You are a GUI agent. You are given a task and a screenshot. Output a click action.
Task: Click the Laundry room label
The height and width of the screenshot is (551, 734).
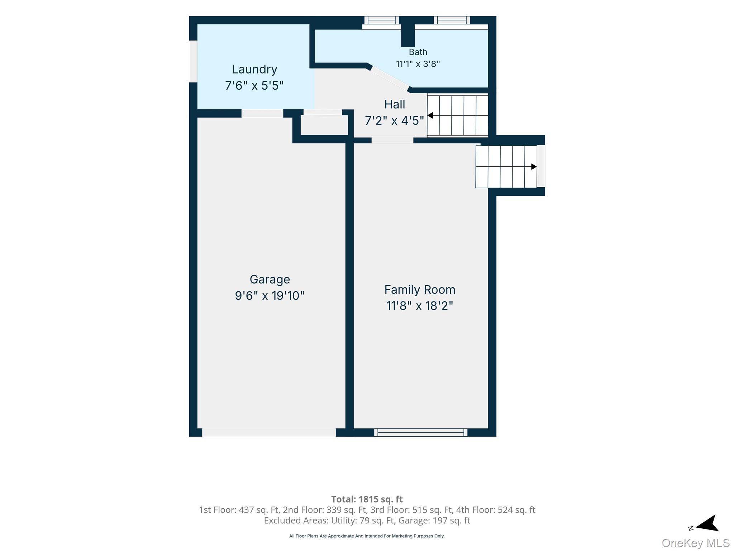(x=254, y=69)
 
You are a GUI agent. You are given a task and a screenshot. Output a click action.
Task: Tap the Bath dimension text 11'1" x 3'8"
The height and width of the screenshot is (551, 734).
(x=418, y=64)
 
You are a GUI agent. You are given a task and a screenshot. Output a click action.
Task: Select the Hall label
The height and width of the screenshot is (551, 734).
(x=395, y=104)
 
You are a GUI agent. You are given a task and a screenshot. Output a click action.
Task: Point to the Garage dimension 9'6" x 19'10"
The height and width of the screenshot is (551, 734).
(x=270, y=296)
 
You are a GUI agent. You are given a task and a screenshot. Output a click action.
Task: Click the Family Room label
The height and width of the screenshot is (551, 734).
(x=420, y=289)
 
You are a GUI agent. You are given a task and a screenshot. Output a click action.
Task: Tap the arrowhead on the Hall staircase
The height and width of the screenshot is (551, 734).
(x=430, y=116)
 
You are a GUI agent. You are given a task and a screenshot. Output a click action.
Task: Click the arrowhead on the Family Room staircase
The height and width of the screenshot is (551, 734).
(x=534, y=166)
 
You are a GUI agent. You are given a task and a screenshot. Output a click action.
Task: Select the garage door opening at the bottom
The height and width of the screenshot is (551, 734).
(x=269, y=432)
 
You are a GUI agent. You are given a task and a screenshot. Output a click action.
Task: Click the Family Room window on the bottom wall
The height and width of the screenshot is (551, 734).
(x=421, y=432)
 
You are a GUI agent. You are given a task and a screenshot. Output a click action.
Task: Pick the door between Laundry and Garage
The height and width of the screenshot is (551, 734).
(x=262, y=113)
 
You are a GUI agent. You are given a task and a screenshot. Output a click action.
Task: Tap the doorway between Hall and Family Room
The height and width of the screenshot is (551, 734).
(x=392, y=140)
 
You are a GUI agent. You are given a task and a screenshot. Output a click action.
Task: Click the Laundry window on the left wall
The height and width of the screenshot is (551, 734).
(x=193, y=61)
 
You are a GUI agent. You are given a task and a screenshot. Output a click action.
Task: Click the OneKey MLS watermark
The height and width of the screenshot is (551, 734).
(x=696, y=543)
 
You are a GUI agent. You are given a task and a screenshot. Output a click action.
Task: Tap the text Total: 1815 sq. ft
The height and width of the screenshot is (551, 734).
(x=367, y=499)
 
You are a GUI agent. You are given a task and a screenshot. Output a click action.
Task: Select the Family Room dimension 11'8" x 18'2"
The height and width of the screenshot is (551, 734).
(x=420, y=306)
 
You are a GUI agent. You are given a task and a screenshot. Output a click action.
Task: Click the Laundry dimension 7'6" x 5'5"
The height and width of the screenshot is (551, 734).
(x=254, y=85)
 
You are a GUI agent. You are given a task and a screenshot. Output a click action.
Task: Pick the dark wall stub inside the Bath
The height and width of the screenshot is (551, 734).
(x=408, y=36)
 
